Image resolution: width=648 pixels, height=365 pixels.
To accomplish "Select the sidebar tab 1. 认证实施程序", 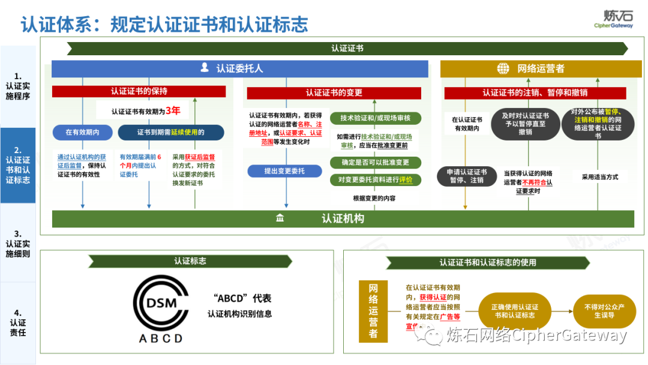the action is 17,86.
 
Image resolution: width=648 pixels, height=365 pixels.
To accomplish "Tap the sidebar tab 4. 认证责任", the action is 17,322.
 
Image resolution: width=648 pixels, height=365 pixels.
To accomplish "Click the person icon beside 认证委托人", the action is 205,68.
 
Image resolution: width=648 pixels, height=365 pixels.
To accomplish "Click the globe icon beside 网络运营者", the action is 503,68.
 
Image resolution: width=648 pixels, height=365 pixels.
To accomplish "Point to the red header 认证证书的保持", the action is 139,91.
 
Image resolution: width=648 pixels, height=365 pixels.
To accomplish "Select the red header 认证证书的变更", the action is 334,92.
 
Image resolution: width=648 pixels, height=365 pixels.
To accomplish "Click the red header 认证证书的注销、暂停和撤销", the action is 535,92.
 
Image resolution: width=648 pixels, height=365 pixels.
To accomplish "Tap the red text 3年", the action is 173,110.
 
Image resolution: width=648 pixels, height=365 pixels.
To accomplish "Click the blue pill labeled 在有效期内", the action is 82,132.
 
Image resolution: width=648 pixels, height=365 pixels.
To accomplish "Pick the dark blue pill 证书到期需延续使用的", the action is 170,132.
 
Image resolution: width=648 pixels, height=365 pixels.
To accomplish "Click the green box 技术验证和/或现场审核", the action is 376,118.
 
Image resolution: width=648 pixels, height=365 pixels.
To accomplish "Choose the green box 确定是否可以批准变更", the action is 376,162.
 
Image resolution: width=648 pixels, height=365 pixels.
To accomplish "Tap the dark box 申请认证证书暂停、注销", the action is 466,176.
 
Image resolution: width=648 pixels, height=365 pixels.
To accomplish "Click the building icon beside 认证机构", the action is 280,219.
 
